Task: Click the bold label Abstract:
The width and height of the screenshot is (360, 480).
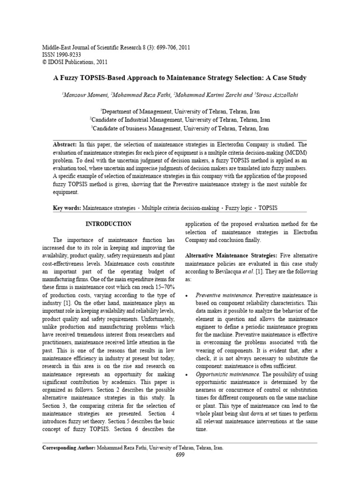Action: (x=66, y=145)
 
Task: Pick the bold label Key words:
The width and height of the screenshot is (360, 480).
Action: (x=67, y=208)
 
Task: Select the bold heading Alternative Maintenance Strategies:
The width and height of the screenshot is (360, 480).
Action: (x=231, y=255)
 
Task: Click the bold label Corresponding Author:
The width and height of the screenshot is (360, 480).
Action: (x=69, y=448)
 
